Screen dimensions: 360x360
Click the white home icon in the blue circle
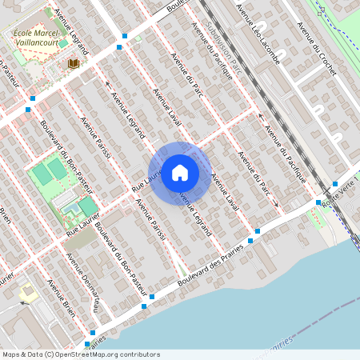point(180,173)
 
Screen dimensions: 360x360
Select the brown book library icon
point(74,63)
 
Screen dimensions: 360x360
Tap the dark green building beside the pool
point(87,206)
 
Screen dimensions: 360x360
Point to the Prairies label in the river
point(277,342)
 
